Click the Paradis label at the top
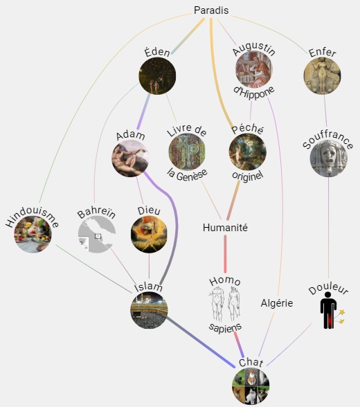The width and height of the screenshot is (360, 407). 211,10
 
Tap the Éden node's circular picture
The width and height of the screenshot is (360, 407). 157,76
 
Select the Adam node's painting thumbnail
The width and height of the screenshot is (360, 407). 130,159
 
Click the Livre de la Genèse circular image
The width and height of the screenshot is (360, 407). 187,152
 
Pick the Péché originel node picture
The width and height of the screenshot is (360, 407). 248,152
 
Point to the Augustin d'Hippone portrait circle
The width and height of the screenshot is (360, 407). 254,69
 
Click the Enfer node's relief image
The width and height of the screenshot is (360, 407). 323,76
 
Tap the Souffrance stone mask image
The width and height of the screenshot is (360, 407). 329,159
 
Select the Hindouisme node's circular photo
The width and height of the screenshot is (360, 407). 33,235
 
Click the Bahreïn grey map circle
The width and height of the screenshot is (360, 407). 97,235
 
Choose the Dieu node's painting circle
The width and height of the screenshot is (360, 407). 149,235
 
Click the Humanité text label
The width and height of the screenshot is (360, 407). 225,228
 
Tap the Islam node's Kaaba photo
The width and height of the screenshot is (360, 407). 149,310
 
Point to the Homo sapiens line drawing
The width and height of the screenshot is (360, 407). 225,304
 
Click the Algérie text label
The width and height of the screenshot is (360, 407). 277,303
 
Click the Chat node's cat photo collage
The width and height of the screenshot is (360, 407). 251,386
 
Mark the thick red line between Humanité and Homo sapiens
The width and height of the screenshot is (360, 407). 225,253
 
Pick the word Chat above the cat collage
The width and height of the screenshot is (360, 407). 251,363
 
